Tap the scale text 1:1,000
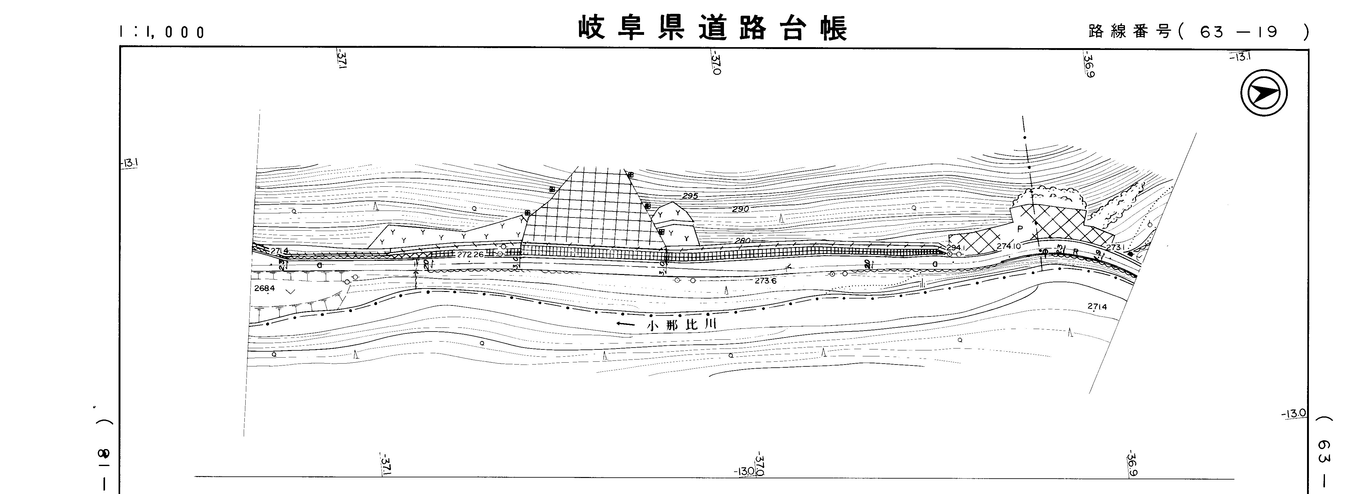click(x=162, y=32)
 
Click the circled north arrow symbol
click(x=1264, y=93)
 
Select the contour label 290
click(x=740, y=209)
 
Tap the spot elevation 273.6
click(x=766, y=281)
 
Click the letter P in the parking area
click(x=1020, y=229)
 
